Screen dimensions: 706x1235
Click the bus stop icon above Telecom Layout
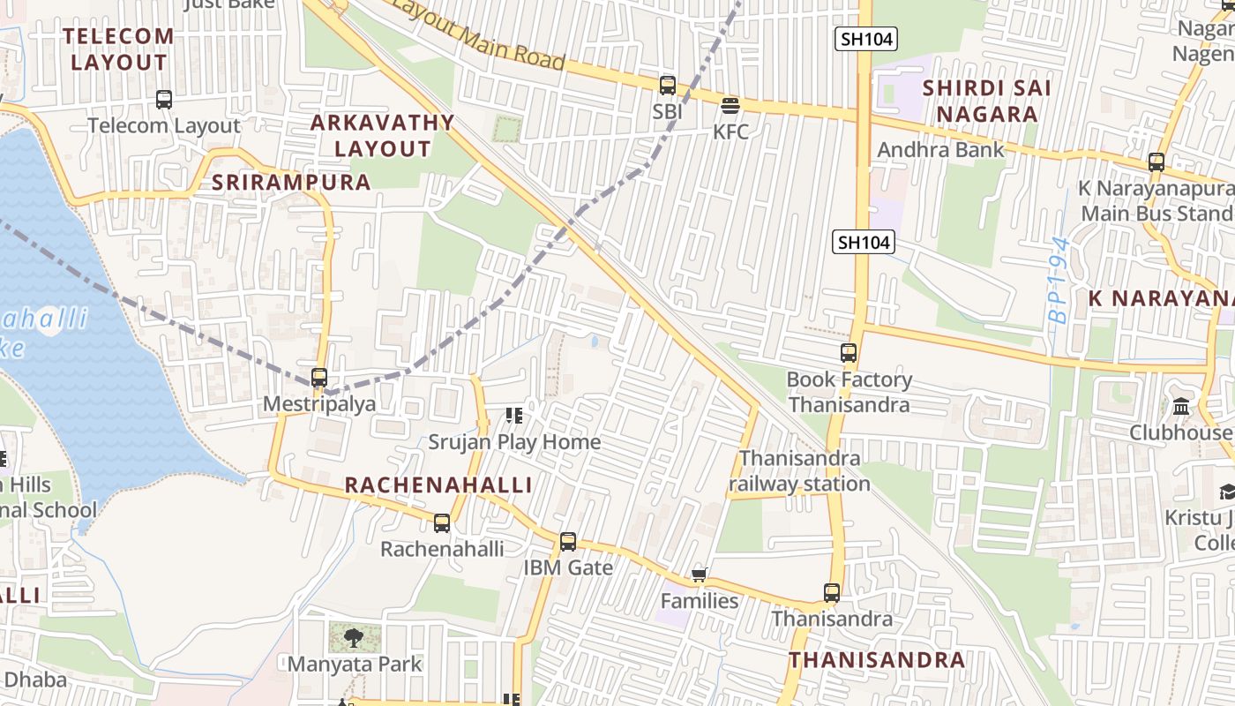(x=164, y=100)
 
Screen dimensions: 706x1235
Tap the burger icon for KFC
(x=730, y=106)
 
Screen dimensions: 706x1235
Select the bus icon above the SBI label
(x=668, y=86)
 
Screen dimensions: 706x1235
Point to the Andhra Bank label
(x=940, y=149)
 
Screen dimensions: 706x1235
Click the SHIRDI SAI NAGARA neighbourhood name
(x=986, y=101)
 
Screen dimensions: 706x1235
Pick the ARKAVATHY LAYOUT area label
(x=382, y=135)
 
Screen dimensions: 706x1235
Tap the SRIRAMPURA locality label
(x=292, y=182)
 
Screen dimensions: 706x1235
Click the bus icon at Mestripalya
(x=319, y=378)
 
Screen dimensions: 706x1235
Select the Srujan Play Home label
(x=514, y=441)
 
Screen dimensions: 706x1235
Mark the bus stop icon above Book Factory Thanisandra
(x=849, y=353)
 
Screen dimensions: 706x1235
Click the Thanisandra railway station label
(x=799, y=471)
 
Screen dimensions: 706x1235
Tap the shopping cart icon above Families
(x=700, y=575)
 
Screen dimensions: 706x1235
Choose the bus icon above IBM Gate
(x=568, y=542)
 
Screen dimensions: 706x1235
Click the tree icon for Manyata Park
(x=354, y=637)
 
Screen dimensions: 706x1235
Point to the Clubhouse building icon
(x=1180, y=407)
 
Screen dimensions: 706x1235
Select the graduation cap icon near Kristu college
(x=1227, y=492)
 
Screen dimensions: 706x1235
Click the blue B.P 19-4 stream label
(x=1061, y=280)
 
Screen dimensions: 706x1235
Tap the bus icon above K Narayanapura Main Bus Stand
(x=1156, y=162)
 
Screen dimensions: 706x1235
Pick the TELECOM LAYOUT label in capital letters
(x=119, y=49)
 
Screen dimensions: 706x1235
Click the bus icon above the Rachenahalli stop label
(x=442, y=523)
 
